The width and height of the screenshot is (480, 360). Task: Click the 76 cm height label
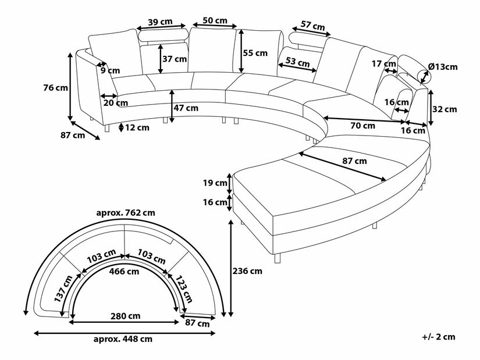(x=56, y=88)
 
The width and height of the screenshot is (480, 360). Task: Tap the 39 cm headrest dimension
(x=159, y=22)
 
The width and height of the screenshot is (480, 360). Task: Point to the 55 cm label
(x=255, y=53)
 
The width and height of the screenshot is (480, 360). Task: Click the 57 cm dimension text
(x=313, y=26)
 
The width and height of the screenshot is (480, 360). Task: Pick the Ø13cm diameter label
(x=442, y=67)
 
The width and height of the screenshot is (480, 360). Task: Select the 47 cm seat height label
(x=186, y=108)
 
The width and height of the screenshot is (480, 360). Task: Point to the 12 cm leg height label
(x=137, y=128)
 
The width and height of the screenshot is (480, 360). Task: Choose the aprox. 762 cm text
(x=126, y=212)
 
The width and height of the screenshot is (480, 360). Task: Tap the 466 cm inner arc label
(x=125, y=271)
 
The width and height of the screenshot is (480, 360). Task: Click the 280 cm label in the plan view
(x=125, y=316)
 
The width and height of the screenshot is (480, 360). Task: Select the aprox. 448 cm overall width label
(x=125, y=339)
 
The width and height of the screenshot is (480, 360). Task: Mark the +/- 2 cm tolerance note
(x=439, y=336)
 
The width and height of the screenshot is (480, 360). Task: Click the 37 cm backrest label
(x=175, y=59)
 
